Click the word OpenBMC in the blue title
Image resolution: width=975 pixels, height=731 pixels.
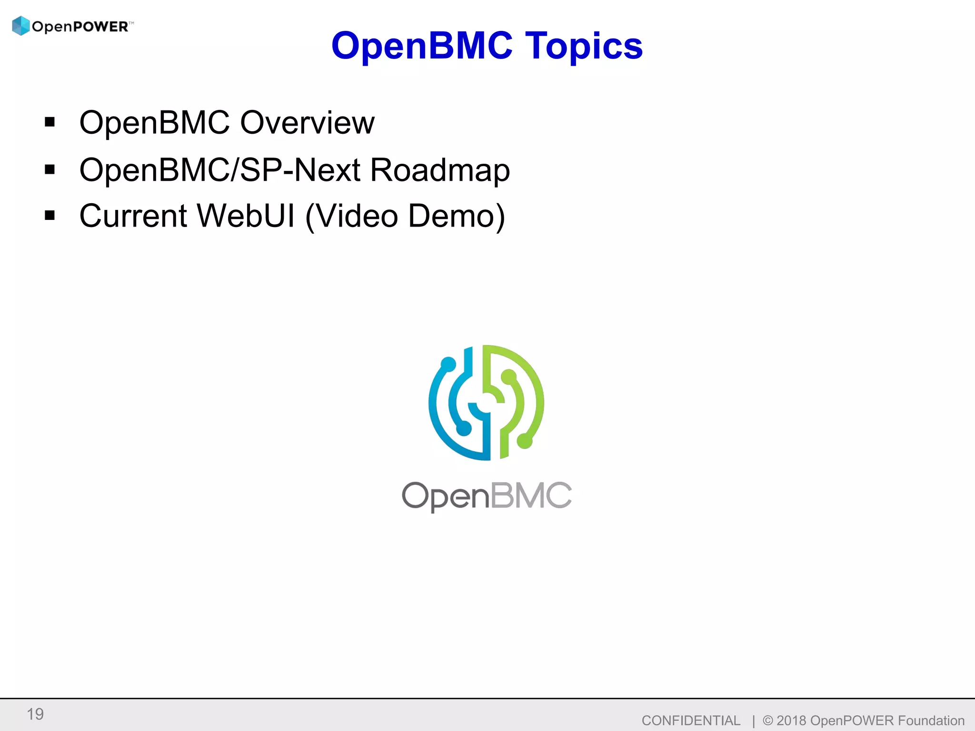pos(422,46)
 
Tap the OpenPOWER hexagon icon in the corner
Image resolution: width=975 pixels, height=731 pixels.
pos(21,26)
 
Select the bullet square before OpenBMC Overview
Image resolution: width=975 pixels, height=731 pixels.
pos(50,122)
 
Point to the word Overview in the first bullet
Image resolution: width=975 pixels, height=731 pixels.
pos(307,123)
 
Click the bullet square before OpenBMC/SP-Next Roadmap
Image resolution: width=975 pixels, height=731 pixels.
pos(50,169)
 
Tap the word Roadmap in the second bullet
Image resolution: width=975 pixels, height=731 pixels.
pos(439,170)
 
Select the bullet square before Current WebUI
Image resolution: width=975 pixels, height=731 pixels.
pos(50,216)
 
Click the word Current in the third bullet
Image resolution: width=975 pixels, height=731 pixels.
pos(133,216)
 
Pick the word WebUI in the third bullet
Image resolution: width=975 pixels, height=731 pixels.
pos(246,216)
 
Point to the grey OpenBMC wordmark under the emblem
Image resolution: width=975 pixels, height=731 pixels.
pos(487,496)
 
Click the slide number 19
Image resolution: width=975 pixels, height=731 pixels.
pos(35,714)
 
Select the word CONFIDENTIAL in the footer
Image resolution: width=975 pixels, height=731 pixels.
pos(691,721)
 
